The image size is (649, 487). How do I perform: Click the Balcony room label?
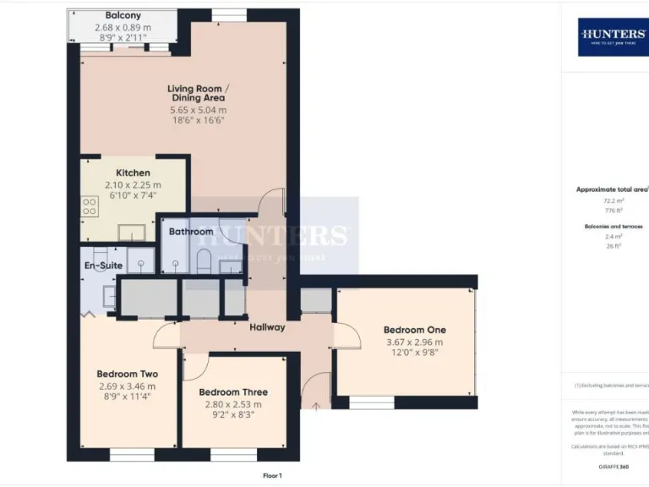pyautogui.click(x=123, y=15)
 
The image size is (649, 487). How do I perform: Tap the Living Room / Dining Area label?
pyautogui.click(x=198, y=93)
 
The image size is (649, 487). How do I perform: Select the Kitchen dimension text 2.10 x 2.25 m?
pyautogui.click(x=133, y=185)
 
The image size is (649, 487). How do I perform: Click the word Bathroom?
pyautogui.click(x=191, y=232)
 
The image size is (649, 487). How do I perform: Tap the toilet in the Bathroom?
pyautogui.click(x=203, y=260)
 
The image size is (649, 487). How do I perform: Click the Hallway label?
pyautogui.click(x=266, y=327)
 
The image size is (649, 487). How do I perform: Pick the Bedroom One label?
pyautogui.click(x=414, y=330)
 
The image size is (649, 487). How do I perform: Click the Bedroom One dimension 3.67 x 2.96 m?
pyautogui.click(x=414, y=342)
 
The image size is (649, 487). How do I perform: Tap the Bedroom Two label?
pyautogui.click(x=127, y=374)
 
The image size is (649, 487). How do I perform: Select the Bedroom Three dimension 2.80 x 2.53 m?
pyautogui.click(x=233, y=404)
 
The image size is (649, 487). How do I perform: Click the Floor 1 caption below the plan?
pyautogui.click(x=272, y=476)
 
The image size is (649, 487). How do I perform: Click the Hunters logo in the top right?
pyautogui.click(x=614, y=36)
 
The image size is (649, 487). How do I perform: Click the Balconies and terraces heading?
pyautogui.click(x=614, y=227)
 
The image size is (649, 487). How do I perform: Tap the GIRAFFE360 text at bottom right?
pyautogui.click(x=614, y=467)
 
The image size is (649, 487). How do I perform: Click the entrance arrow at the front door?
pyautogui.click(x=317, y=407)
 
